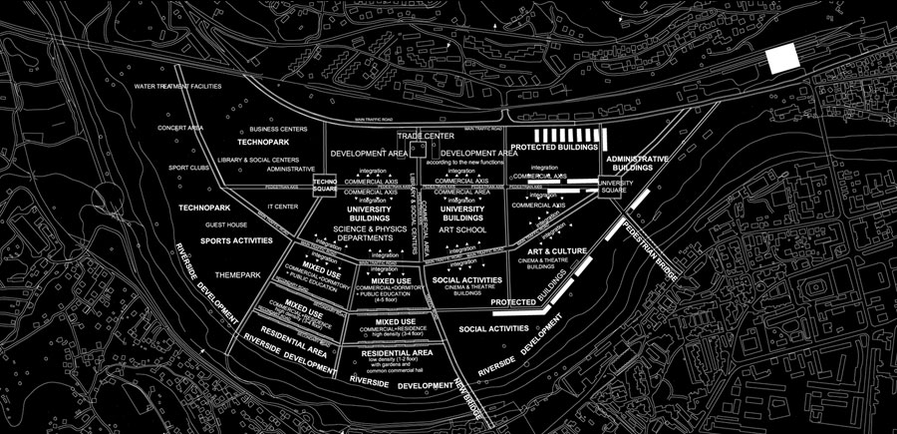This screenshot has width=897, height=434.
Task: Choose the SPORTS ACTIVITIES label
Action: point(237,240)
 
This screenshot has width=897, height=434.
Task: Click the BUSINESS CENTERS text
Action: point(277,129)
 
